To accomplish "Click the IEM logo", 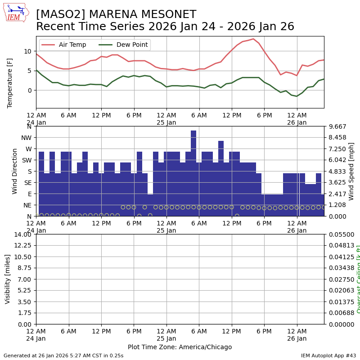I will [x=16, y=12].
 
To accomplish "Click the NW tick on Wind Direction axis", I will [x=26, y=138].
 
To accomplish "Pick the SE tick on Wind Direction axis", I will [x=27, y=182].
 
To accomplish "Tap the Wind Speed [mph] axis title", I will [x=351, y=171].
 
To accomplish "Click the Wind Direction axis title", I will [x=15, y=171].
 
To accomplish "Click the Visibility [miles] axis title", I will [x=8, y=279].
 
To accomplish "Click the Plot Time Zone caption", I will [x=180, y=347].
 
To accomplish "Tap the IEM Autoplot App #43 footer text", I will [x=328, y=355].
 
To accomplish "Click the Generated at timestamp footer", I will [x=63, y=355].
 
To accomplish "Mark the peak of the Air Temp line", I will [x=253, y=39].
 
